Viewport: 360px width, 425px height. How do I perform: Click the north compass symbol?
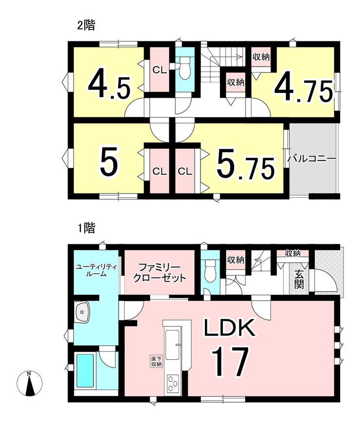pyautogui.click(x=29, y=383)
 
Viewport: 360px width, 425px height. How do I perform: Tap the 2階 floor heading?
pyautogui.click(x=86, y=25)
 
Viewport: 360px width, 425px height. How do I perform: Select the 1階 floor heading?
pyautogui.click(x=86, y=228)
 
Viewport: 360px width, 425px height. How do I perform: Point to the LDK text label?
pyautogui.click(x=230, y=327)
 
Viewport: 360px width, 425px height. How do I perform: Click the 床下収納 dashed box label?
pyautogui.click(x=157, y=361)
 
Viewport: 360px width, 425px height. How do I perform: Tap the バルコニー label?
pyautogui.click(x=312, y=159)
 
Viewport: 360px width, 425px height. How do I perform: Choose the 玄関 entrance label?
pyautogui.click(x=299, y=280)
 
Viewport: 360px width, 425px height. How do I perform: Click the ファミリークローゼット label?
pyautogui.click(x=159, y=273)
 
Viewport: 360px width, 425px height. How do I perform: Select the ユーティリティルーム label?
pyautogui.click(x=96, y=270)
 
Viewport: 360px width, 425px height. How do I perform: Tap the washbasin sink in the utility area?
pyautogui.click(x=83, y=312)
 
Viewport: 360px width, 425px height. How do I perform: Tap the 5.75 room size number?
pyautogui.click(x=246, y=165)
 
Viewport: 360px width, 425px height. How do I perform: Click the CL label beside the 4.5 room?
pyautogui.click(x=160, y=71)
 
